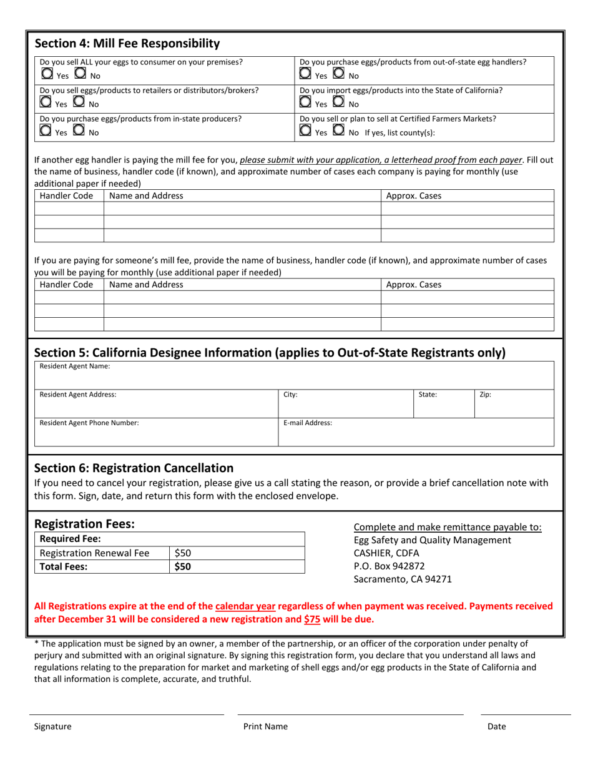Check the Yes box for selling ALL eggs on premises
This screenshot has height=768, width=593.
click(x=47, y=74)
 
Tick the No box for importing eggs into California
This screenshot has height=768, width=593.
click(x=338, y=102)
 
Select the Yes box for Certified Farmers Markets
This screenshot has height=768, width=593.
click(x=305, y=130)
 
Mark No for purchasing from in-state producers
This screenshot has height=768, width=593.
click(x=80, y=130)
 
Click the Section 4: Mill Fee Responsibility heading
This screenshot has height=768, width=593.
click(x=127, y=44)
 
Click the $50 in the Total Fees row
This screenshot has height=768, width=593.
click(x=183, y=567)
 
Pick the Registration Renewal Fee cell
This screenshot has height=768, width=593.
click(x=95, y=553)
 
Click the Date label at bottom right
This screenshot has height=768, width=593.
click(x=497, y=726)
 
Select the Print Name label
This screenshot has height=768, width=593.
click(x=265, y=726)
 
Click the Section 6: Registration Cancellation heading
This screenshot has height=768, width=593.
click(x=134, y=468)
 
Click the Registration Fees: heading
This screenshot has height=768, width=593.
click(x=84, y=524)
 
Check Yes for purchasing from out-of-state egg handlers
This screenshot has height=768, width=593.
click(x=305, y=74)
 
